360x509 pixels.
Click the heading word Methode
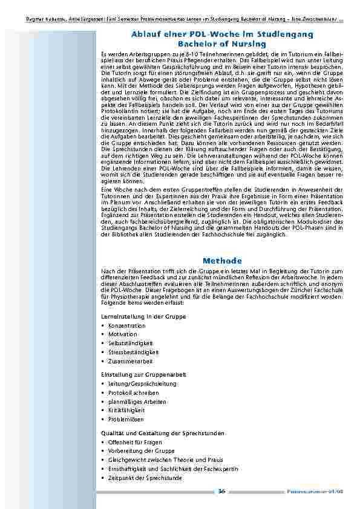pyautogui.click(x=222, y=260)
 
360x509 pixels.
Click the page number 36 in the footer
pyautogui.click(x=222, y=491)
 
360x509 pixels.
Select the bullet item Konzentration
pyautogui.click(x=127, y=325)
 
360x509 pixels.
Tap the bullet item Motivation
pyautogui.click(x=123, y=334)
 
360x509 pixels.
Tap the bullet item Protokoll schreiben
pyautogui.click(x=132, y=392)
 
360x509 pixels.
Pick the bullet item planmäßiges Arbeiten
pyautogui.click(x=133, y=401)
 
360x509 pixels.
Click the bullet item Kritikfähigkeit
pyautogui.click(x=126, y=410)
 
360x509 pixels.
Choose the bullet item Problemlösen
pyautogui.click(x=126, y=419)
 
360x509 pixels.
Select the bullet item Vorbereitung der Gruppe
pyautogui.click(x=137, y=451)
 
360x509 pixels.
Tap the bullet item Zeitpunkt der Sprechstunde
pyautogui.click(x=145, y=478)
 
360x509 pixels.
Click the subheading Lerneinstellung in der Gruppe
pyautogui.click(x=143, y=316)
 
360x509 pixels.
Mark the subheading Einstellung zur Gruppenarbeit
pyautogui.click(x=143, y=375)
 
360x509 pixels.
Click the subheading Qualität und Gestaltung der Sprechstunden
pyautogui.click(x=162, y=433)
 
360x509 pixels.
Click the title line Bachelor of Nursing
pyautogui.click(x=222, y=45)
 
